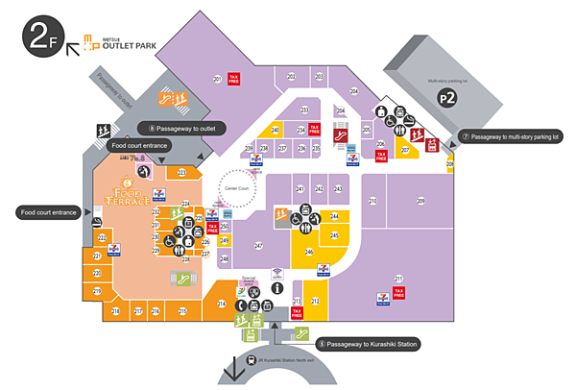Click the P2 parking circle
pos(444,98)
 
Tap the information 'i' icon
pos(277,287)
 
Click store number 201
pos(217,78)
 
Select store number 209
pos(420,200)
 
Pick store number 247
pos(258,247)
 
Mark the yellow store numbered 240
pos(276,130)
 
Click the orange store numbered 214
pos(221,304)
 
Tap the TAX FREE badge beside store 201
pos(233,78)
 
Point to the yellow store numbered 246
pos(309,253)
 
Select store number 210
pos(372,200)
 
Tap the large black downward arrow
pos(234,370)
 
